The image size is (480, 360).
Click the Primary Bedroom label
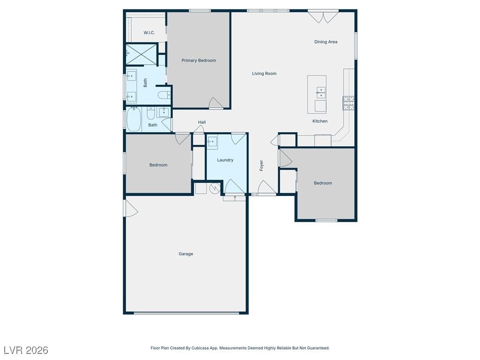(x=199, y=60)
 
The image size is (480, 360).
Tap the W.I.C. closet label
(x=149, y=33)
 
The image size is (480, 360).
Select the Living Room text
(x=264, y=74)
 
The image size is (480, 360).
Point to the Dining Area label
(x=326, y=42)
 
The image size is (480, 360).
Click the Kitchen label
(x=320, y=121)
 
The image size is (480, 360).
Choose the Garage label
(x=186, y=254)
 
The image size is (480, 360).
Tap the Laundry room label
(x=225, y=160)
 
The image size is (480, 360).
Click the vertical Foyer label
(x=262, y=165)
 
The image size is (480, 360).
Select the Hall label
(x=202, y=122)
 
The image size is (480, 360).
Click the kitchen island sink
(x=321, y=92)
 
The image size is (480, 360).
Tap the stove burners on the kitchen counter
(x=348, y=103)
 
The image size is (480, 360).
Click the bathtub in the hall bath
(x=134, y=120)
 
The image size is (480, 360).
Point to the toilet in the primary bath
(x=164, y=95)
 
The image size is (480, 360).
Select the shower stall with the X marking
(x=142, y=54)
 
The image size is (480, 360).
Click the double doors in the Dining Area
(x=323, y=17)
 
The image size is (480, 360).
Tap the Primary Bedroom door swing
(x=216, y=103)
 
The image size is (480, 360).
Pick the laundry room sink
(x=212, y=141)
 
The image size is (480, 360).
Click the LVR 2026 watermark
(x=26, y=350)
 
